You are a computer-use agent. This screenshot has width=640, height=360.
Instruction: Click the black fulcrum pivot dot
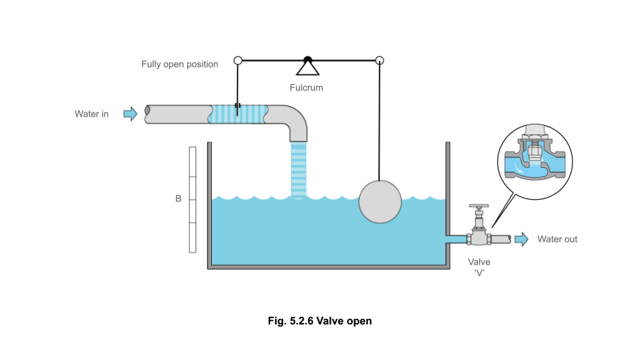[307, 60]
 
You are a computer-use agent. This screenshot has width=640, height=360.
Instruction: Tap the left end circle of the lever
[238, 60]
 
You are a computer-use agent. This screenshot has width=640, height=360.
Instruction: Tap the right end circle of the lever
[380, 60]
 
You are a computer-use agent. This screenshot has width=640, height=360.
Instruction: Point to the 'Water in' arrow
[130, 113]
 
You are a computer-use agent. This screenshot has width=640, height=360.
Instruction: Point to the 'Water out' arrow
[521, 239]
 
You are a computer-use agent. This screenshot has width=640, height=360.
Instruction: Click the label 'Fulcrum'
[306, 88]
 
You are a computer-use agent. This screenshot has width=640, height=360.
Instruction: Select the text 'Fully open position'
[180, 64]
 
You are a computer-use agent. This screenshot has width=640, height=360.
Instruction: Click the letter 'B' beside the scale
[178, 198]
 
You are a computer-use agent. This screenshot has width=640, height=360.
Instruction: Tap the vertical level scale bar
[192, 199]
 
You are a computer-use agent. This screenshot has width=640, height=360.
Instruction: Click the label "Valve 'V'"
[480, 267]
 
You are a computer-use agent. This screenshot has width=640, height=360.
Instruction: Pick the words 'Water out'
[557, 239]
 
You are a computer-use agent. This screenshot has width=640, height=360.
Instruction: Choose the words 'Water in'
[92, 114]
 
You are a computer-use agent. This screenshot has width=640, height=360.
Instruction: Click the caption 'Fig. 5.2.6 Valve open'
[319, 321]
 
